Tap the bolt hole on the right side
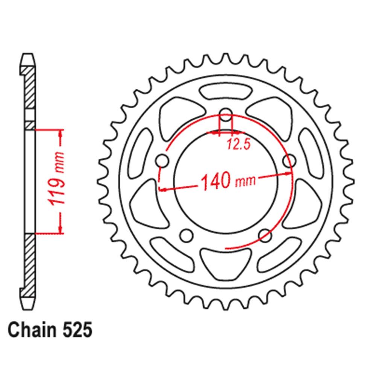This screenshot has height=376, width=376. (x=288, y=161)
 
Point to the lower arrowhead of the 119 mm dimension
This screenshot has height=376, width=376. (x=60, y=229)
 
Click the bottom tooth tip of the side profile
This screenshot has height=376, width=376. (x=29, y=305)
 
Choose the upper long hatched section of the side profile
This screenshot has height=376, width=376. (x=29, y=86)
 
